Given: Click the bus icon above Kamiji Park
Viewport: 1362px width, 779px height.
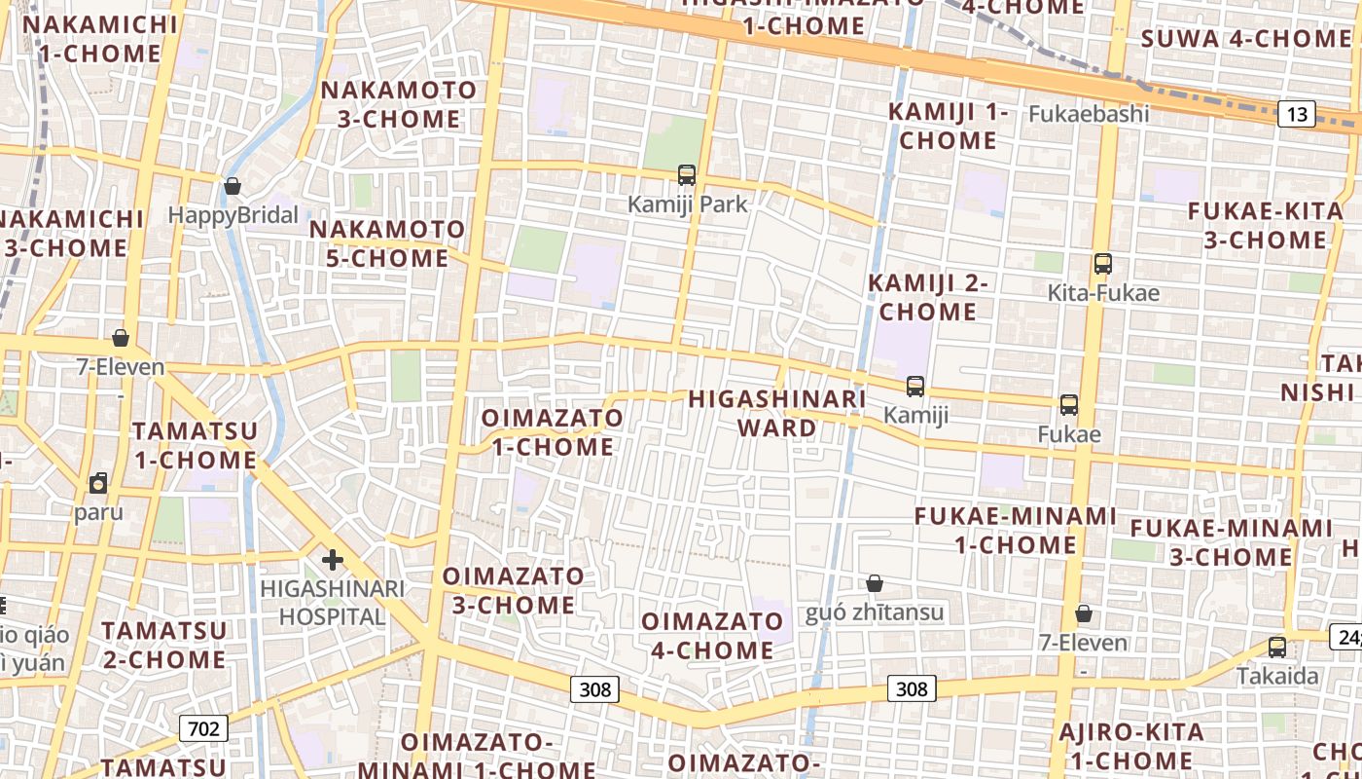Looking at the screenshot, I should [687, 175].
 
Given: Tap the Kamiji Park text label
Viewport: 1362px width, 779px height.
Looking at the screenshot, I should [687, 204].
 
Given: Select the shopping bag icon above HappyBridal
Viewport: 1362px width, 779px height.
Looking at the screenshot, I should [233, 185].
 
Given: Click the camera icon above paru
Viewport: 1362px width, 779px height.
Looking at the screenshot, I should [98, 483].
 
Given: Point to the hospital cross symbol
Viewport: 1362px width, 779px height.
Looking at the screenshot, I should [333, 560].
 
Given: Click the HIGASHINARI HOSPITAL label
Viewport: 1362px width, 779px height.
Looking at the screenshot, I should [333, 603].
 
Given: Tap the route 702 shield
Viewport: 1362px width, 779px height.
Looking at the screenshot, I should [203, 728].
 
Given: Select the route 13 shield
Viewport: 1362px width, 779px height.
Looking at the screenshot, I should [1297, 115].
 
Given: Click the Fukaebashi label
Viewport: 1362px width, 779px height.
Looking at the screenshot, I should [1089, 114].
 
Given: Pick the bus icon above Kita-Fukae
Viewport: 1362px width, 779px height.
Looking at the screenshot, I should [1102, 264].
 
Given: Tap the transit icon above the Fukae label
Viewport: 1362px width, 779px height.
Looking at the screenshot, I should [1069, 405].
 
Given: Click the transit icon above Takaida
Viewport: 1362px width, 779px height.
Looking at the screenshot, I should [1277, 648].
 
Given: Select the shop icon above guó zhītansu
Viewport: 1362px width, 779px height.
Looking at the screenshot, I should [875, 583].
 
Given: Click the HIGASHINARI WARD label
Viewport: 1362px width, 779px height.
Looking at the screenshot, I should [776, 414].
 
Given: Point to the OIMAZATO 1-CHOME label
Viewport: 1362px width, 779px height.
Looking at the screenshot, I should [553, 432].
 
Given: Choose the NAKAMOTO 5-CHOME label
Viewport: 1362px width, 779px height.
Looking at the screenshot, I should [387, 244].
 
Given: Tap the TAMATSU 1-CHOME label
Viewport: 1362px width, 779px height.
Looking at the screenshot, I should [195, 445].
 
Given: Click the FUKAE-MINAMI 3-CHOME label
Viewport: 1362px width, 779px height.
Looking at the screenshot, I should [1231, 542].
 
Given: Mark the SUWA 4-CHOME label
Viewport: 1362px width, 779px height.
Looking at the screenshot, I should [1245, 39].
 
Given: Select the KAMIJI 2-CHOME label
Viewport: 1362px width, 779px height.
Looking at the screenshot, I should [928, 298].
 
